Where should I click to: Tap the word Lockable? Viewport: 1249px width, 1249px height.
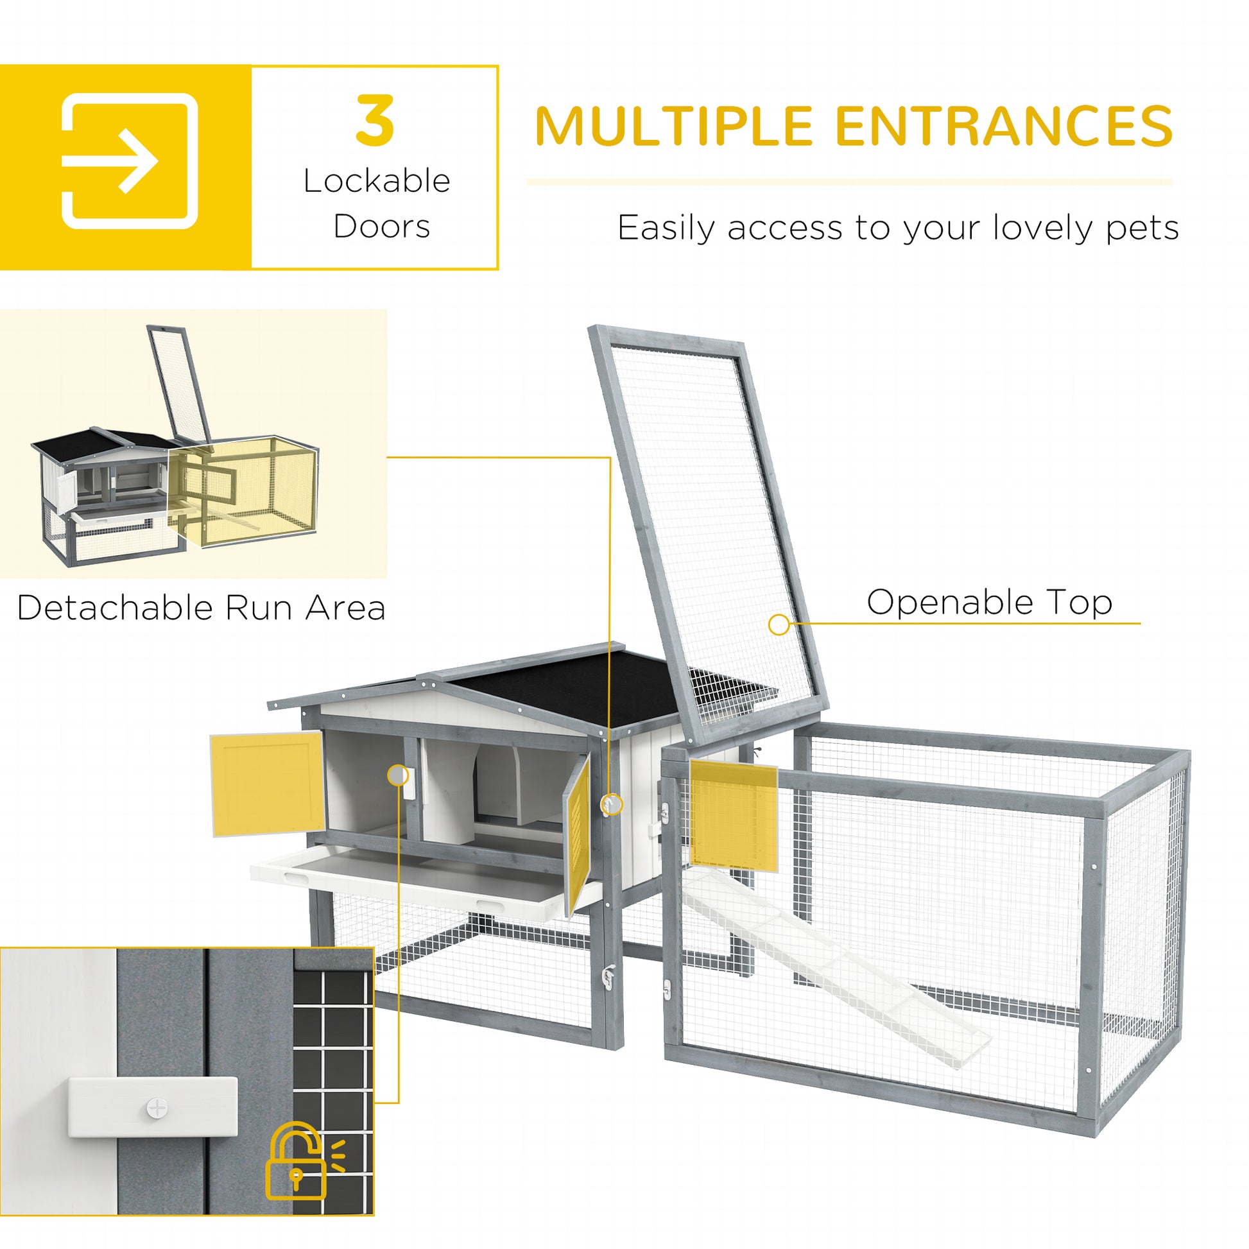pyautogui.click(x=376, y=181)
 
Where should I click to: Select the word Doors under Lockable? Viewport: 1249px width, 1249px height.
pyautogui.click(x=381, y=227)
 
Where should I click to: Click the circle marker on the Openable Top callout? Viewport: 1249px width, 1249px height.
pyautogui.click(x=779, y=624)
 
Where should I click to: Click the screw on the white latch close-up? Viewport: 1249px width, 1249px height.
pyautogui.click(x=157, y=1107)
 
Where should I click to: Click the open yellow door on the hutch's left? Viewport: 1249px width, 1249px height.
pyautogui.click(x=267, y=783)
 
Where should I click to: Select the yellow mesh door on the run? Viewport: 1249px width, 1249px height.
pyautogui.click(x=734, y=814)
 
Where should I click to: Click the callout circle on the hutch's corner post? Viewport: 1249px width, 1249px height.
pyautogui.click(x=612, y=804)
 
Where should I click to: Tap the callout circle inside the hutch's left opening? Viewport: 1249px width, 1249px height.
pyautogui.click(x=398, y=776)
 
